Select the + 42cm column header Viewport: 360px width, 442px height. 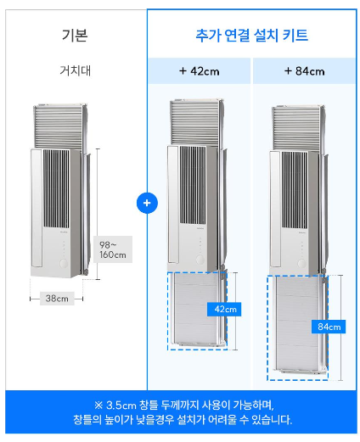tap(200, 71)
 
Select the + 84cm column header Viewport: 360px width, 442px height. tap(304, 71)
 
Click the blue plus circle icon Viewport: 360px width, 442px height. tap(147, 204)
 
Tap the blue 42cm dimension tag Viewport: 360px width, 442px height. tap(220, 309)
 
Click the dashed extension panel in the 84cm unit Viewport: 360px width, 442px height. tap(297, 327)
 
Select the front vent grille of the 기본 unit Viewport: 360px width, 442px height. tap(61, 193)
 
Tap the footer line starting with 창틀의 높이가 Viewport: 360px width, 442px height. tap(180, 420)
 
